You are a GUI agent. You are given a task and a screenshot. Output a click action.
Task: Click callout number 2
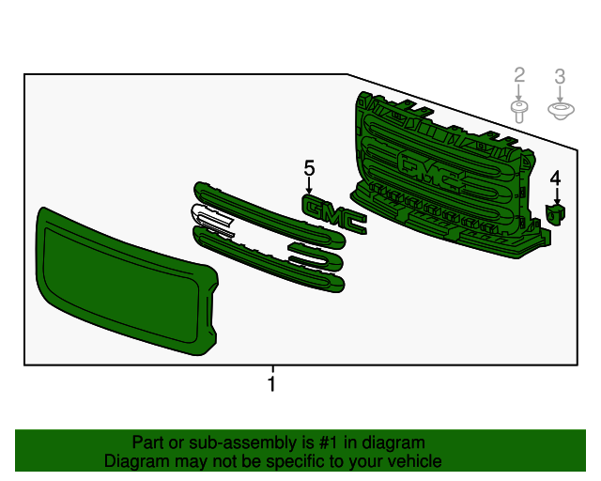pos(519,75)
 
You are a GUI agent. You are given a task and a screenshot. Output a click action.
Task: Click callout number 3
pos(560,77)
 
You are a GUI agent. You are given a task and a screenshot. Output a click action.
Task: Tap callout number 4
pos(555,178)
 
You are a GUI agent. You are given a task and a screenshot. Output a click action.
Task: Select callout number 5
pos(309,168)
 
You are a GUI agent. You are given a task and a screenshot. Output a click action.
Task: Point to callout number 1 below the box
pos(271,384)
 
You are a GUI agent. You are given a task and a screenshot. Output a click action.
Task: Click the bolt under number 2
pos(518,112)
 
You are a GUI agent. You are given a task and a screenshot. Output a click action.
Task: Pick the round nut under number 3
pos(561,111)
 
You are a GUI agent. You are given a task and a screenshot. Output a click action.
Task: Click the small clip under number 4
pos(556,213)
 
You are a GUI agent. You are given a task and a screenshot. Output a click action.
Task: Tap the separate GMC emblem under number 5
pos(334,214)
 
